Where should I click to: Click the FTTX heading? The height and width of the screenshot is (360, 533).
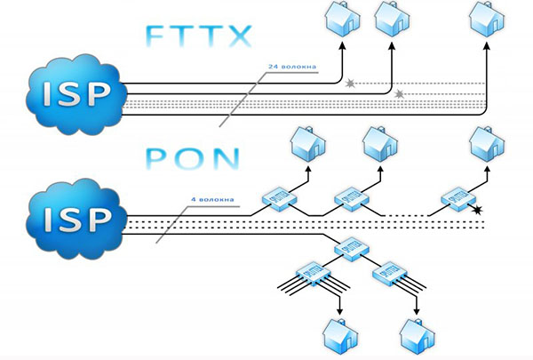coord(200,36)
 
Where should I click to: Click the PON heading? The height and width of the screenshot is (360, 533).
coord(193,159)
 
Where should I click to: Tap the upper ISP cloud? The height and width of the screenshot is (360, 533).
coord(76,94)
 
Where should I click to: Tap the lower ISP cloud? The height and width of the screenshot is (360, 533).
coord(76,220)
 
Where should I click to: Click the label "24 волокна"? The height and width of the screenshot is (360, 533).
coord(292,67)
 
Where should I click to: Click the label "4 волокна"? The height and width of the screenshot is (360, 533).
coord(212,199)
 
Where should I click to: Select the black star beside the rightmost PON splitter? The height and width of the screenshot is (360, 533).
coord(478,211)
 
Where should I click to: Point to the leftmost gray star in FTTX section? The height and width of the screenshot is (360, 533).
coord(350,84)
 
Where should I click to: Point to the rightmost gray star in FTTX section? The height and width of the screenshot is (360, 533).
coord(399,94)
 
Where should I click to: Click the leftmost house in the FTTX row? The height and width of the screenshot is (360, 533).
coord(343,19)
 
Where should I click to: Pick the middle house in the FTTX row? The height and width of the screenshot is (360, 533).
coord(392,19)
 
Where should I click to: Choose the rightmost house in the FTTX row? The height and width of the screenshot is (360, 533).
coord(487,19)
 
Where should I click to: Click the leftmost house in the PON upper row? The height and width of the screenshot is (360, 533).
coord(308,144)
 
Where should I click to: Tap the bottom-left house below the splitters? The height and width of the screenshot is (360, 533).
coord(340,337)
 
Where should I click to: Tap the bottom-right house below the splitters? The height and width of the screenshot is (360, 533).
coord(418,337)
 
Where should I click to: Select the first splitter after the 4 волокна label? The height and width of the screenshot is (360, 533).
coord(280,198)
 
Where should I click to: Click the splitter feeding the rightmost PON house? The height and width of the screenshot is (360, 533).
coord(458,199)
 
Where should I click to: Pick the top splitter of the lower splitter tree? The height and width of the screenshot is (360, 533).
coord(352,249)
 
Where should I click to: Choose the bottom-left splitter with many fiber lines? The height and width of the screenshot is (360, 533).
coord(314,275)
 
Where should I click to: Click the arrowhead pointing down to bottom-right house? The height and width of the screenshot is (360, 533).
coord(417,311)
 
